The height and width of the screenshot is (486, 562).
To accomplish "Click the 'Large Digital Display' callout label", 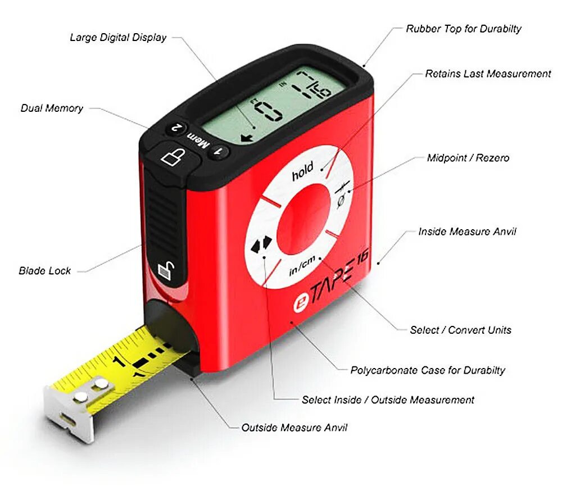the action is point(118,38).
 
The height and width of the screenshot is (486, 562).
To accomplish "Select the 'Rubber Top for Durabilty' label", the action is point(464,29).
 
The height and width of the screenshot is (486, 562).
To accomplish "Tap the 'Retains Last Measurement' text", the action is point(488,74).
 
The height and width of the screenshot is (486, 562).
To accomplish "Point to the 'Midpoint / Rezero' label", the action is point(468,158).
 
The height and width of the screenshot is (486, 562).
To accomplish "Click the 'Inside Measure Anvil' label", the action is point(467,231).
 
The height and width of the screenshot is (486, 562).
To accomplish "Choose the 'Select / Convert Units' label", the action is point(460,330).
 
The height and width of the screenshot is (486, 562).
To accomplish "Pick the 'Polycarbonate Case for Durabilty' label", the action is point(428,370).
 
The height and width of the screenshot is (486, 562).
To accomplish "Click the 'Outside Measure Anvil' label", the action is point(294,428).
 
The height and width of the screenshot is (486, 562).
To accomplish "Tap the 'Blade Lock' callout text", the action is point(45,271).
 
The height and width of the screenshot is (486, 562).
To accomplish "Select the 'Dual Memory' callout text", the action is point(52,108).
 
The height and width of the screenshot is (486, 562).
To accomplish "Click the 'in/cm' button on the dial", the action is point(302,267).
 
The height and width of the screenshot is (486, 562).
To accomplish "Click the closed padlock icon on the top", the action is point(173,155).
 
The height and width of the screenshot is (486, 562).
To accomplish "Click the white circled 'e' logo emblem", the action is point(302,304).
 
